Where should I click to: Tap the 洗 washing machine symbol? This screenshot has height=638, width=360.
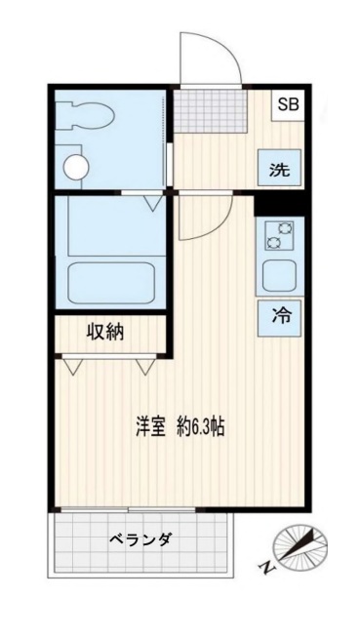pyautogui.click(x=280, y=169)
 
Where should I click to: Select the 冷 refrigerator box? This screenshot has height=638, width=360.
pyautogui.click(x=280, y=315)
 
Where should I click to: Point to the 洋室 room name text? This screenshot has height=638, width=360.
pyautogui.click(x=150, y=428)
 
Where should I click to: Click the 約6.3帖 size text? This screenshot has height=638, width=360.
pyautogui.click(x=202, y=428)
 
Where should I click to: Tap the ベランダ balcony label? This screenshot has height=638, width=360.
pyautogui.click(x=140, y=538)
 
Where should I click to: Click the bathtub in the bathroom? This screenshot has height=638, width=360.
pyautogui.click(x=111, y=282)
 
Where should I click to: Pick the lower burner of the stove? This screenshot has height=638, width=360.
pyautogui.click(x=279, y=244)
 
